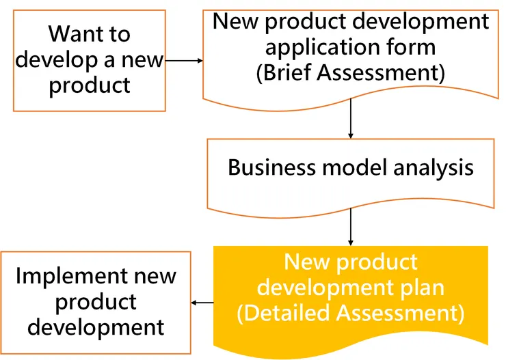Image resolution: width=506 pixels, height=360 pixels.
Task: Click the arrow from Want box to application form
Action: click(184, 61)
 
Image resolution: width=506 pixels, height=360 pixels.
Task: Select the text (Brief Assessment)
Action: click(350, 72)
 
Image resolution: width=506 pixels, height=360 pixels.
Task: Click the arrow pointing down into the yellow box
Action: click(350, 226)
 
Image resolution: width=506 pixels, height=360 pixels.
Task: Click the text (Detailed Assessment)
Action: click(350, 313)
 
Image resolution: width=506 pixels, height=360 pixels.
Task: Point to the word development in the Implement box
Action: click(96, 327)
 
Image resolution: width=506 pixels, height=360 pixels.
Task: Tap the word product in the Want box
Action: click(90, 85)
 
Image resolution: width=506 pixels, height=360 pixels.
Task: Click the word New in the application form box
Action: click(236, 21)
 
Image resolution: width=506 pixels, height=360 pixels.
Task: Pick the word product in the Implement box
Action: click(96, 301)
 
